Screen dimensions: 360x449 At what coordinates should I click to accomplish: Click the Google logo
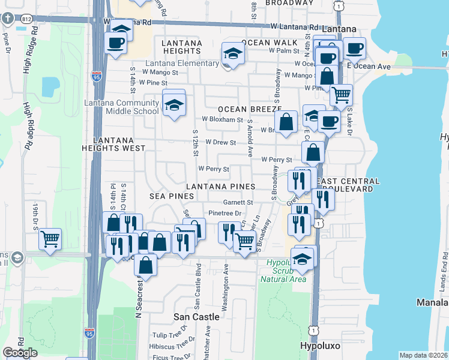point(20,353)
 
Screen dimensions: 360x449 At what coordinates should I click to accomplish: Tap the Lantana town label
point(339,29)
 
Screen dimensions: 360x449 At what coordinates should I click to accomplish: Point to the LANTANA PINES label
point(221,187)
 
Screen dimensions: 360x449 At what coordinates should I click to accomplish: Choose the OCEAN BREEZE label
point(241,109)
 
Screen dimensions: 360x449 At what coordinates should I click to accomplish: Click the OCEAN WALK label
point(270,43)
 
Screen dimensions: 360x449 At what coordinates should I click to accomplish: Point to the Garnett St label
point(238,203)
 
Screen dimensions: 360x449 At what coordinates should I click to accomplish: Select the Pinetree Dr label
point(224,213)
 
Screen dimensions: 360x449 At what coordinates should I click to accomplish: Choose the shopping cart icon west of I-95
point(50,239)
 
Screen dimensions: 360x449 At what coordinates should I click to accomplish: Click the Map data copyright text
point(423,355)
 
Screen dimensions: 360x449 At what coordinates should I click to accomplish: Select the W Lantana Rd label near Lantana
point(295,27)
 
